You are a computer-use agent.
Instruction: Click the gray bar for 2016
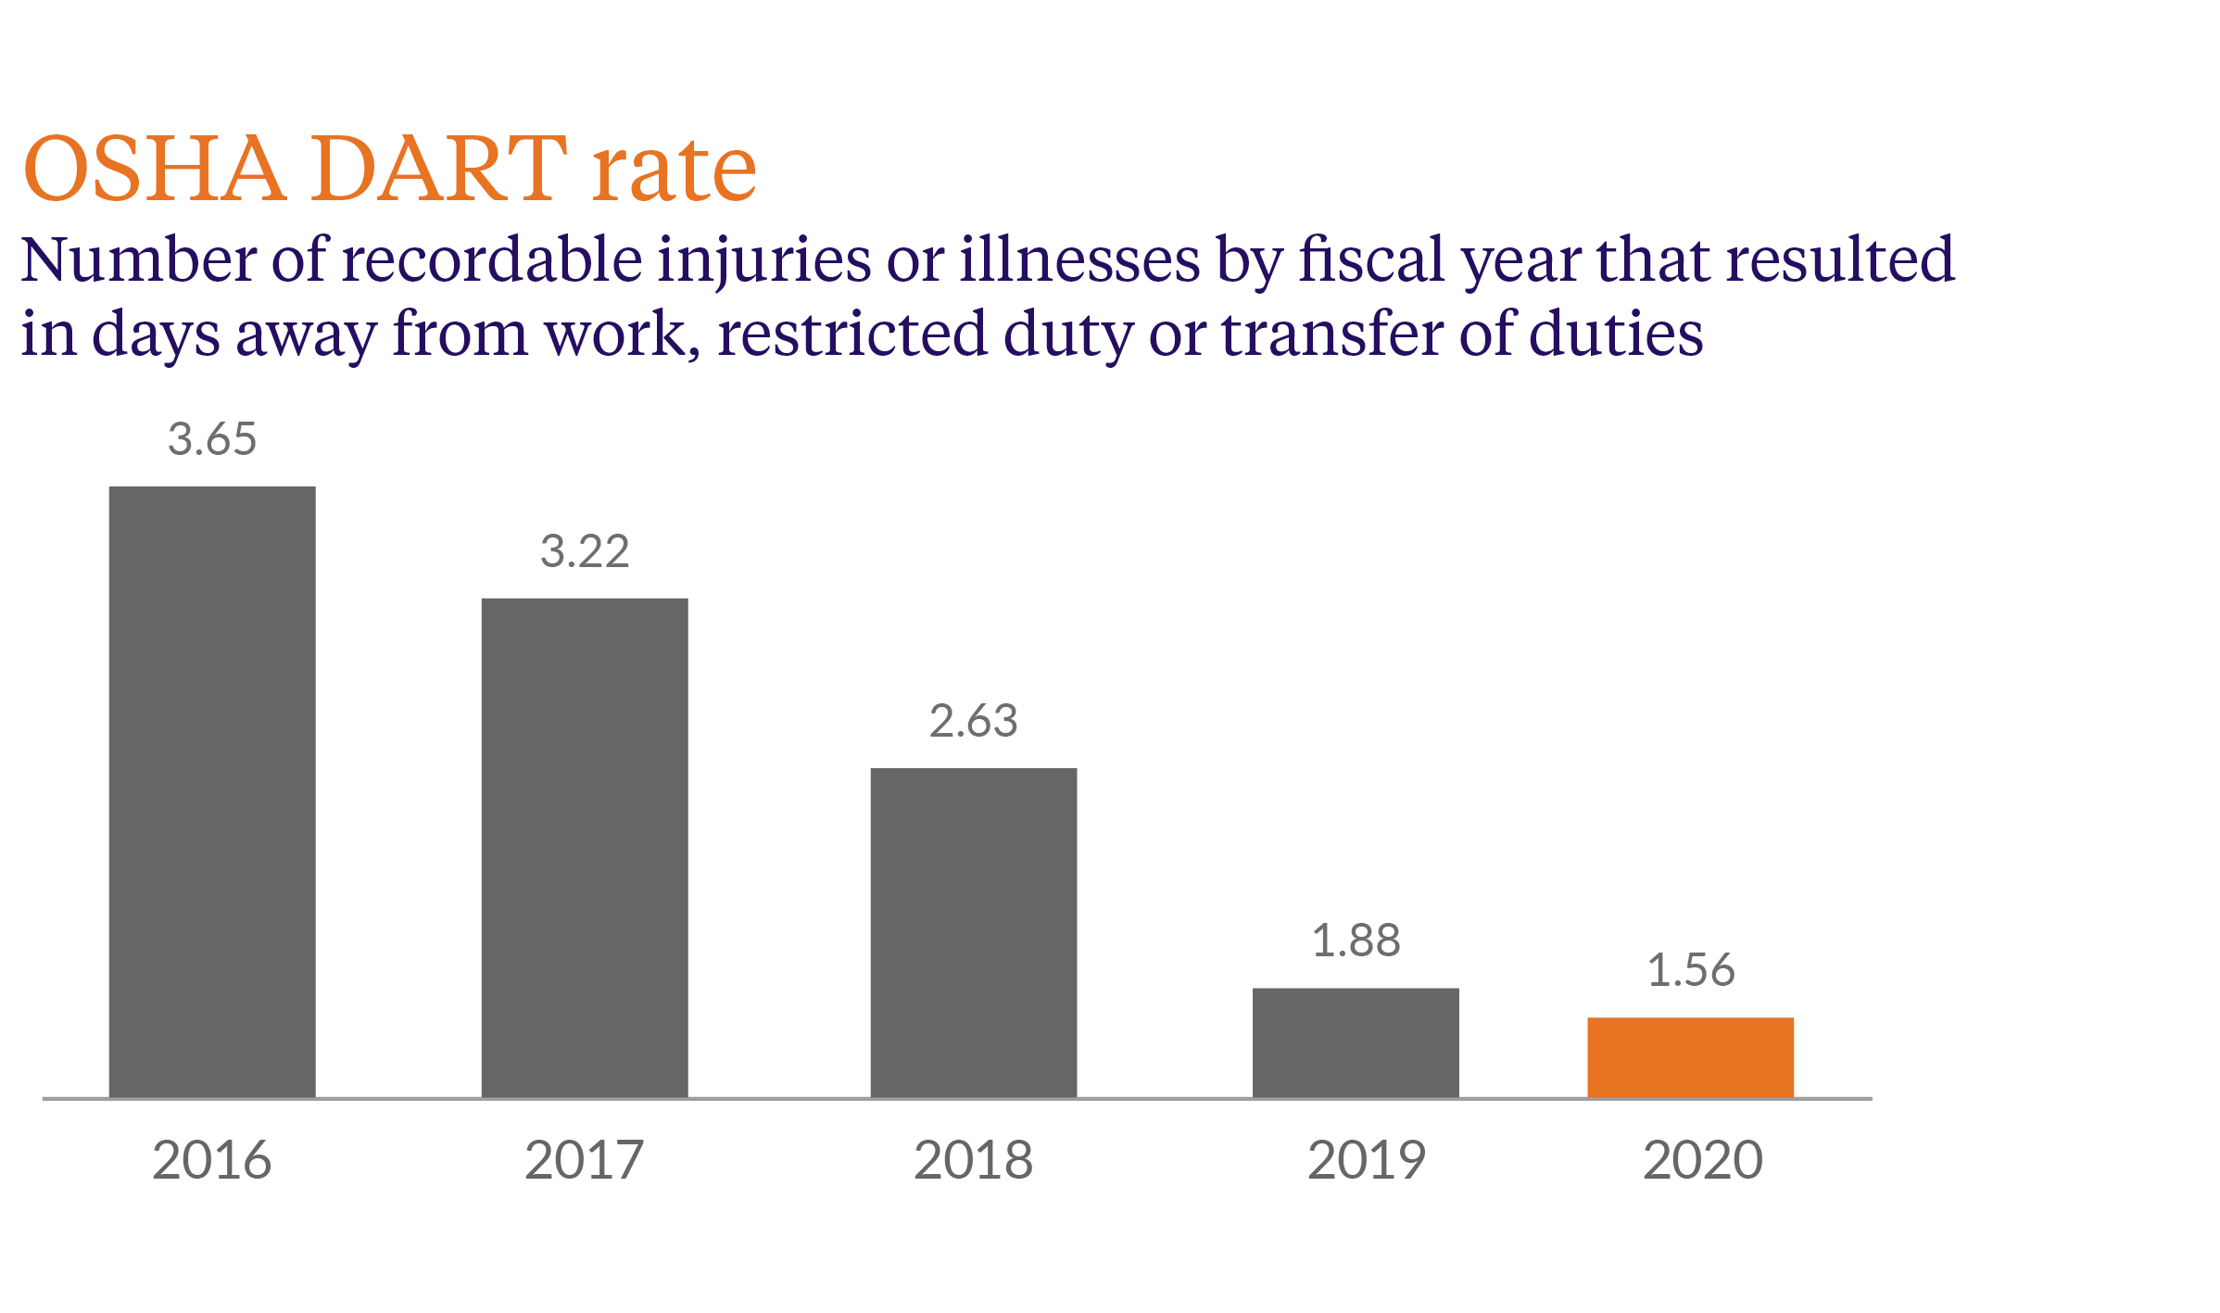click(x=212, y=792)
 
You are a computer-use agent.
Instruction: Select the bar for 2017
click(x=585, y=848)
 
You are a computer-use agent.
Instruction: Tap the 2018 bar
click(x=974, y=932)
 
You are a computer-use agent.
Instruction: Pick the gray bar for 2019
click(x=1356, y=1042)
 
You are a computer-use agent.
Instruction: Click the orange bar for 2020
click(x=1690, y=1057)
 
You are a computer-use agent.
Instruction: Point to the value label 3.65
click(x=212, y=439)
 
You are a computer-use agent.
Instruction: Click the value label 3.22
click(x=585, y=552)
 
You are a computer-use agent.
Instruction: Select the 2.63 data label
click(x=974, y=722)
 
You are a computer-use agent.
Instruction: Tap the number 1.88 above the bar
click(x=1356, y=941)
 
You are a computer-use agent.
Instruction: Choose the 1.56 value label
click(x=1690, y=971)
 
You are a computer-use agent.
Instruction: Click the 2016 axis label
click(x=212, y=1160)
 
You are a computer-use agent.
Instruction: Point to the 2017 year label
click(x=585, y=1160)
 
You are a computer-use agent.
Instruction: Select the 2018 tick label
click(x=974, y=1160)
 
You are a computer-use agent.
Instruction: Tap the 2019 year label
click(x=1367, y=1160)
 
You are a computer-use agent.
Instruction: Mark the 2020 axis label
click(x=1703, y=1160)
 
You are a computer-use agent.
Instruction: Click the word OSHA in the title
click(x=154, y=169)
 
